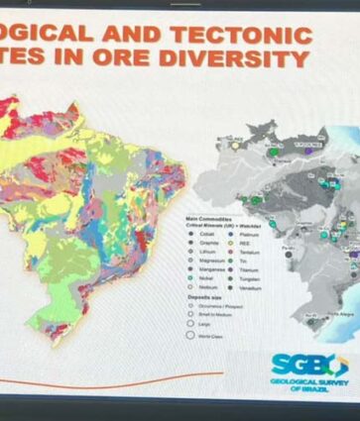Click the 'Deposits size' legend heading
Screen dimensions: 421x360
tap(202, 298)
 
